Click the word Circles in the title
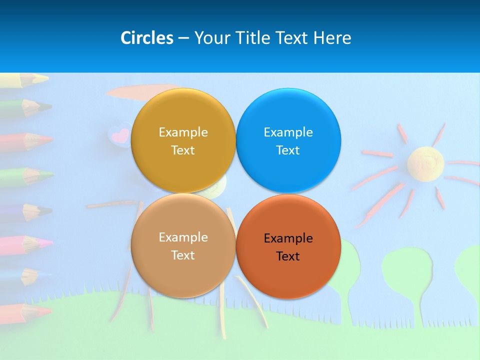coord(146,38)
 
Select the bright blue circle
coord(288,141)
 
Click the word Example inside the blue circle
coord(288,132)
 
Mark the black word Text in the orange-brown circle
coord(288,256)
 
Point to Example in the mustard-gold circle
coord(183,132)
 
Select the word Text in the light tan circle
coord(183,255)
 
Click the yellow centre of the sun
coord(425,161)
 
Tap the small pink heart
coord(119,135)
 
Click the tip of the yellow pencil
coord(46,78)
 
